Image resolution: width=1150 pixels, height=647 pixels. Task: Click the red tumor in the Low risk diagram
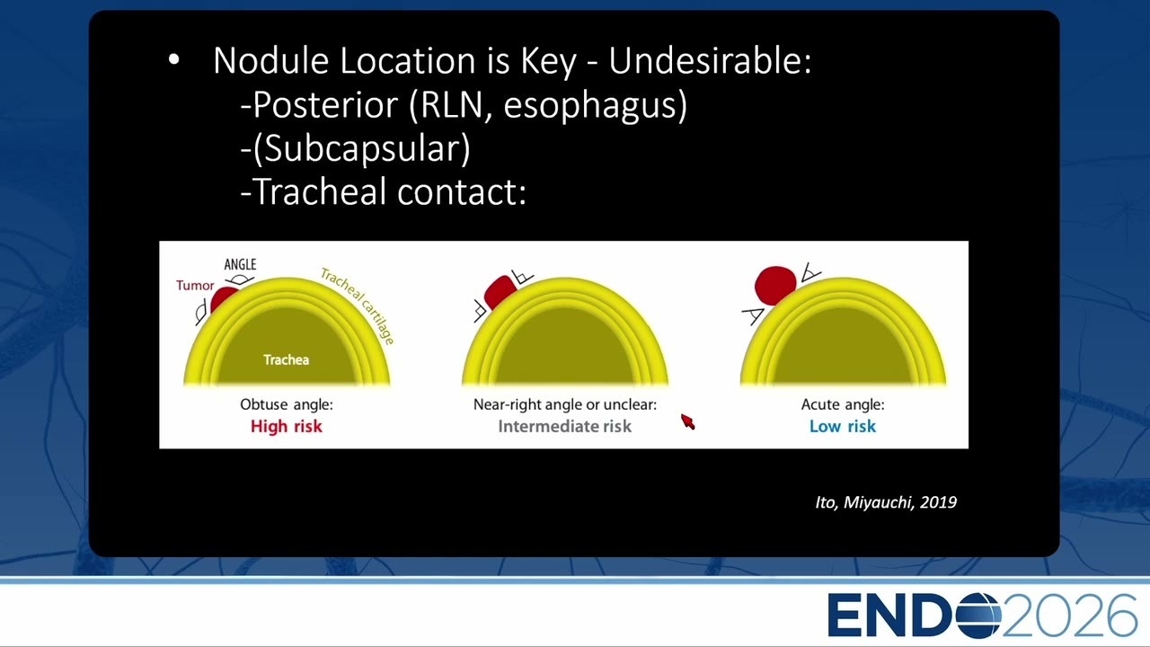coord(775,286)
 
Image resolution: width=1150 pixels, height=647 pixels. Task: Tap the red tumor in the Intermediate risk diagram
coord(500,292)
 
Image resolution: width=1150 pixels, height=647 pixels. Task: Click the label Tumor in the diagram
coord(195,286)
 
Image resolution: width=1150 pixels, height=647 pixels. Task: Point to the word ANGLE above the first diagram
coord(240,264)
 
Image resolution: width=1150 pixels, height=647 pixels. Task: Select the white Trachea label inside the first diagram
coord(286,360)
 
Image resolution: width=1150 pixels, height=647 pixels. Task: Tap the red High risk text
coord(286,426)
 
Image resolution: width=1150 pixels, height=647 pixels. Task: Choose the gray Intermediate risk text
coord(565,426)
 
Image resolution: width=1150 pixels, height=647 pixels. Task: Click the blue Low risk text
coord(843,426)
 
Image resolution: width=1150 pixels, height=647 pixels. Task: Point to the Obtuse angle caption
coord(287,404)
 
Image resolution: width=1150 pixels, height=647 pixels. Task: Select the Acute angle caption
coord(843,404)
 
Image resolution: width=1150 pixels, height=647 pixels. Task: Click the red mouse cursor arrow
coord(688,421)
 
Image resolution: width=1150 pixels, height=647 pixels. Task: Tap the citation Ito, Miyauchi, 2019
coord(886,502)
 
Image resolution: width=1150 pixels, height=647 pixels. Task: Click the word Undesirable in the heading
coord(710,60)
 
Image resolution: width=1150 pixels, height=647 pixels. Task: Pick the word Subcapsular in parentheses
coord(361,149)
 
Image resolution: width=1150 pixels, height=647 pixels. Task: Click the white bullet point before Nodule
coord(174,59)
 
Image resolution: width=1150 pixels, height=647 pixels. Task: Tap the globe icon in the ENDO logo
coord(978,616)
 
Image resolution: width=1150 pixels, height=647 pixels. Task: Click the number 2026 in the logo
coord(1070,616)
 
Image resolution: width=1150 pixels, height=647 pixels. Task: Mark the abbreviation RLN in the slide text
coord(452,105)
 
